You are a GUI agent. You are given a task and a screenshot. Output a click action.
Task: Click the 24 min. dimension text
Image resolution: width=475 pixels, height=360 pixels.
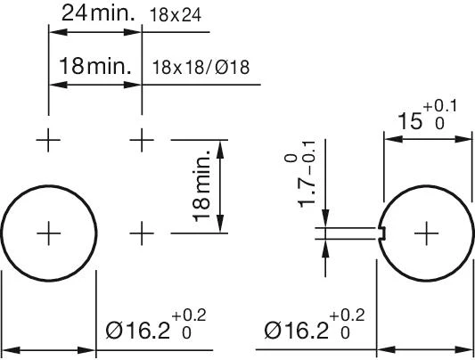95,14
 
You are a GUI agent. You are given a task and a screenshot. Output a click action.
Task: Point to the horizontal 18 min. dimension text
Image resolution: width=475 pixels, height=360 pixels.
95,66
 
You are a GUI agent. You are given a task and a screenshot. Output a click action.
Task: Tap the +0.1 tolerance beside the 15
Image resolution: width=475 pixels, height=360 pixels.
440,108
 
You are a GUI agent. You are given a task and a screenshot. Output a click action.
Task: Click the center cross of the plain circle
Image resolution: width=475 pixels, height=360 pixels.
48,233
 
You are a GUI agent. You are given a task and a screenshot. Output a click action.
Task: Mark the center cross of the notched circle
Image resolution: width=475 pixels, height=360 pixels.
427,233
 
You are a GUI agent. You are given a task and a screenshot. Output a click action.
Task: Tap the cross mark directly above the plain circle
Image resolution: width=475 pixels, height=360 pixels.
48,140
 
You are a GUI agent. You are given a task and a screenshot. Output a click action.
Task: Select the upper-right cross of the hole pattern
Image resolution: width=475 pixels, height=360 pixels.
142,140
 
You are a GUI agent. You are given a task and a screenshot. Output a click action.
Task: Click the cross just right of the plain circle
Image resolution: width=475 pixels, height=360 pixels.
142,233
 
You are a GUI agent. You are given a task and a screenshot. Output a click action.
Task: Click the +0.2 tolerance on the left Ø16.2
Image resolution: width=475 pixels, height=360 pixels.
188,316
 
